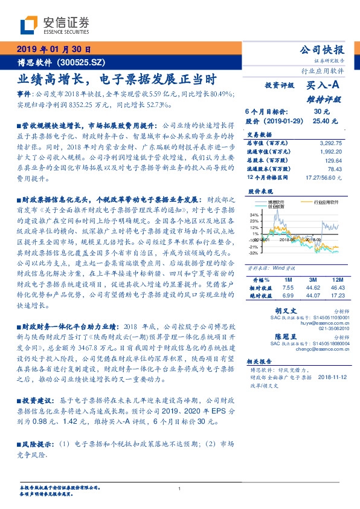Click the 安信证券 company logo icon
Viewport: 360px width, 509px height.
click(x=28, y=26)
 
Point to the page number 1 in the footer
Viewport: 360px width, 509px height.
click(x=179, y=488)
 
